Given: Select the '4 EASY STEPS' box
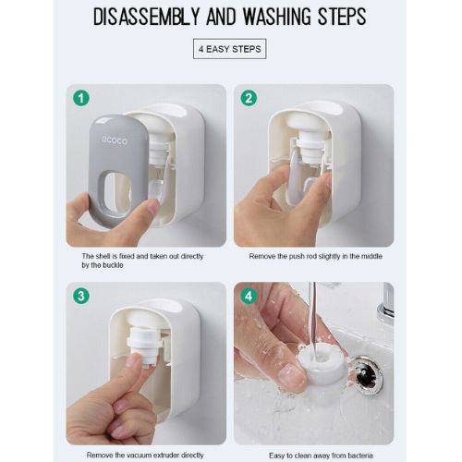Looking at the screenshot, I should (x=230, y=48).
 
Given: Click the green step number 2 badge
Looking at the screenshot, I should (x=247, y=97).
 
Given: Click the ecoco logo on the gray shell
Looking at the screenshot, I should (x=115, y=140).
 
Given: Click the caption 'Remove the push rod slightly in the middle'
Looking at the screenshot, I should (x=312, y=256).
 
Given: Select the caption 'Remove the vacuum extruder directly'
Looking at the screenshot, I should (x=146, y=454).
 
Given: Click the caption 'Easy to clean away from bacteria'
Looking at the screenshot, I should (x=312, y=454).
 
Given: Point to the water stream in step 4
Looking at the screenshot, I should (x=312, y=319).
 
